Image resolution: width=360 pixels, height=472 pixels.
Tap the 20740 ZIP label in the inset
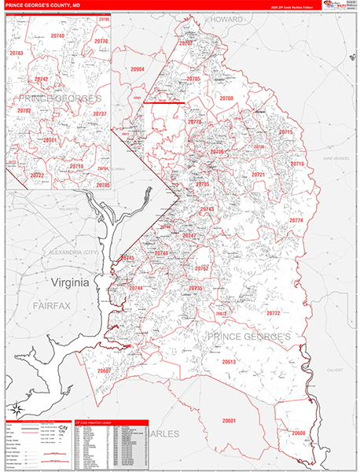[57, 36]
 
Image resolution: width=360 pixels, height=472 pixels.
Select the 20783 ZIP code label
[16, 53]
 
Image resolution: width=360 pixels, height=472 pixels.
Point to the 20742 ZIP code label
[42, 79]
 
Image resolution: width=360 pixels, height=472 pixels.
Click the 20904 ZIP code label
[137, 69]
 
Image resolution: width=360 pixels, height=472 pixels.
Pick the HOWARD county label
[227, 18]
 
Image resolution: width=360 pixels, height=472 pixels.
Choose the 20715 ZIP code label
[285, 132]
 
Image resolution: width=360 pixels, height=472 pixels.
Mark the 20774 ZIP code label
[296, 221]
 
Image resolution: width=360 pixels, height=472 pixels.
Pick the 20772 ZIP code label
[274, 313]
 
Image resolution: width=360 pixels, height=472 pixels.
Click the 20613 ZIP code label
[229, 362]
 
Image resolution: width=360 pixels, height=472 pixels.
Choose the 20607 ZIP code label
[105, 371]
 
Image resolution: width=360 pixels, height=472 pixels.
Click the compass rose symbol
[15, 407]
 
